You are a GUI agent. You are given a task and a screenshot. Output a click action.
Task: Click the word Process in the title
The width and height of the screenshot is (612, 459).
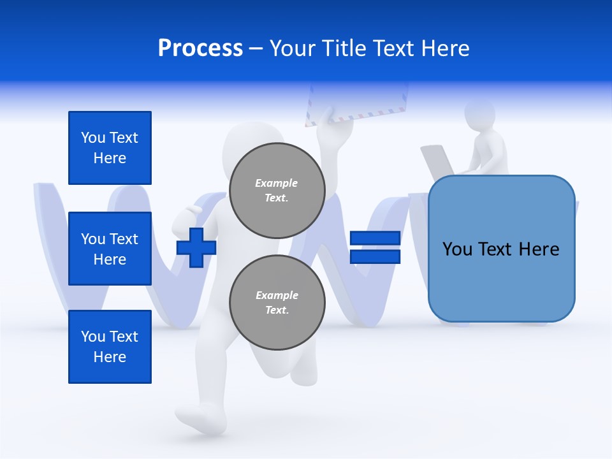200,48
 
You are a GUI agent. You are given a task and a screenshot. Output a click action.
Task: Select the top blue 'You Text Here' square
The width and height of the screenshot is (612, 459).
110,148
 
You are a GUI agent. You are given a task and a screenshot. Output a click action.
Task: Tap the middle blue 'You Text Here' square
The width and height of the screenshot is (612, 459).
110,249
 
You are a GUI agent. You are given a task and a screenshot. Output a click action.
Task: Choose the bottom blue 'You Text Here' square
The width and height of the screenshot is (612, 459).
110,347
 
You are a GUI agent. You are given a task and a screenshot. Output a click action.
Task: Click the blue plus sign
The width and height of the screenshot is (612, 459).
196,247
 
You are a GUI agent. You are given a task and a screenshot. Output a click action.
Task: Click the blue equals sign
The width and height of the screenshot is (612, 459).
375,247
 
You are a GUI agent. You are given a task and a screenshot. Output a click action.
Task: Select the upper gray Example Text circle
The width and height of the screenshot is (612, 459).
277,191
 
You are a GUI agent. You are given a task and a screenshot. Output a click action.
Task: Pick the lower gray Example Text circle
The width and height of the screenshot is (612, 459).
277,303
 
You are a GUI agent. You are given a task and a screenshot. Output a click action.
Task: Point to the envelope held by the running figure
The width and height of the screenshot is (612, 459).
357,102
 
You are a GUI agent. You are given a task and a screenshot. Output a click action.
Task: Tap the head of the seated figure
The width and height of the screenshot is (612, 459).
479,115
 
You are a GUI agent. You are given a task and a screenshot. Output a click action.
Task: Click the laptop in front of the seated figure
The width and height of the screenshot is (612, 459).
437,163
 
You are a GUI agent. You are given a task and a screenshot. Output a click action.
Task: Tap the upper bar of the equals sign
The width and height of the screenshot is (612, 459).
375,238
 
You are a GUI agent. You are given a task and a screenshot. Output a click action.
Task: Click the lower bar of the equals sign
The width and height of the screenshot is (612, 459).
375,256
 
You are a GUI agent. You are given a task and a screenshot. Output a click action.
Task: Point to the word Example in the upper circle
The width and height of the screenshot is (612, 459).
277,183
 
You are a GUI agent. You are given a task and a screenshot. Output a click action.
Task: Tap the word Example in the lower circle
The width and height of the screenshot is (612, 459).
277,295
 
